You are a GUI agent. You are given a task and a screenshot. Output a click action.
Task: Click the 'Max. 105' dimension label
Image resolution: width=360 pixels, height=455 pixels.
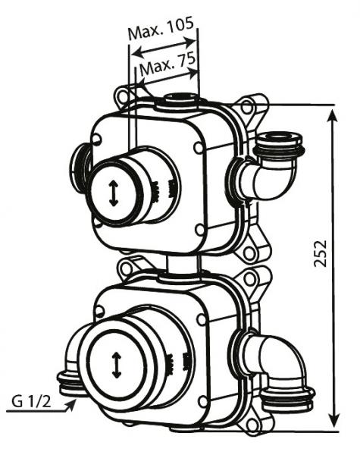pos(161,29)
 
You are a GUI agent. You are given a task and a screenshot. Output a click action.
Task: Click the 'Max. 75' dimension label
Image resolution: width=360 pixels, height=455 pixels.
pos(167,64)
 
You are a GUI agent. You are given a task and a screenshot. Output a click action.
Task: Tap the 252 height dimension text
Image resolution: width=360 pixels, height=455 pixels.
pos(321,253)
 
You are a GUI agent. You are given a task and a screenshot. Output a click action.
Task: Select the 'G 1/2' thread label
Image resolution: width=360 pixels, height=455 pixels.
pos(31,402)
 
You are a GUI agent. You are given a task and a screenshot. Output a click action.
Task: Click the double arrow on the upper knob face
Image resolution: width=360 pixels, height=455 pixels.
pos(114,193)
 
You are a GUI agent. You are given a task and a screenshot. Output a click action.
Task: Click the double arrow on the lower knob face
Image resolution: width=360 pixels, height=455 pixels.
pos(116,366)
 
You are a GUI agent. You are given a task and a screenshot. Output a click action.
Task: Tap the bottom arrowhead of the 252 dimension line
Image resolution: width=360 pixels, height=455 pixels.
pos(335,419)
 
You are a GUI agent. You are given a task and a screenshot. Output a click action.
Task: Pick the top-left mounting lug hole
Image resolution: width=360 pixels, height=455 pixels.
pos(122,96)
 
